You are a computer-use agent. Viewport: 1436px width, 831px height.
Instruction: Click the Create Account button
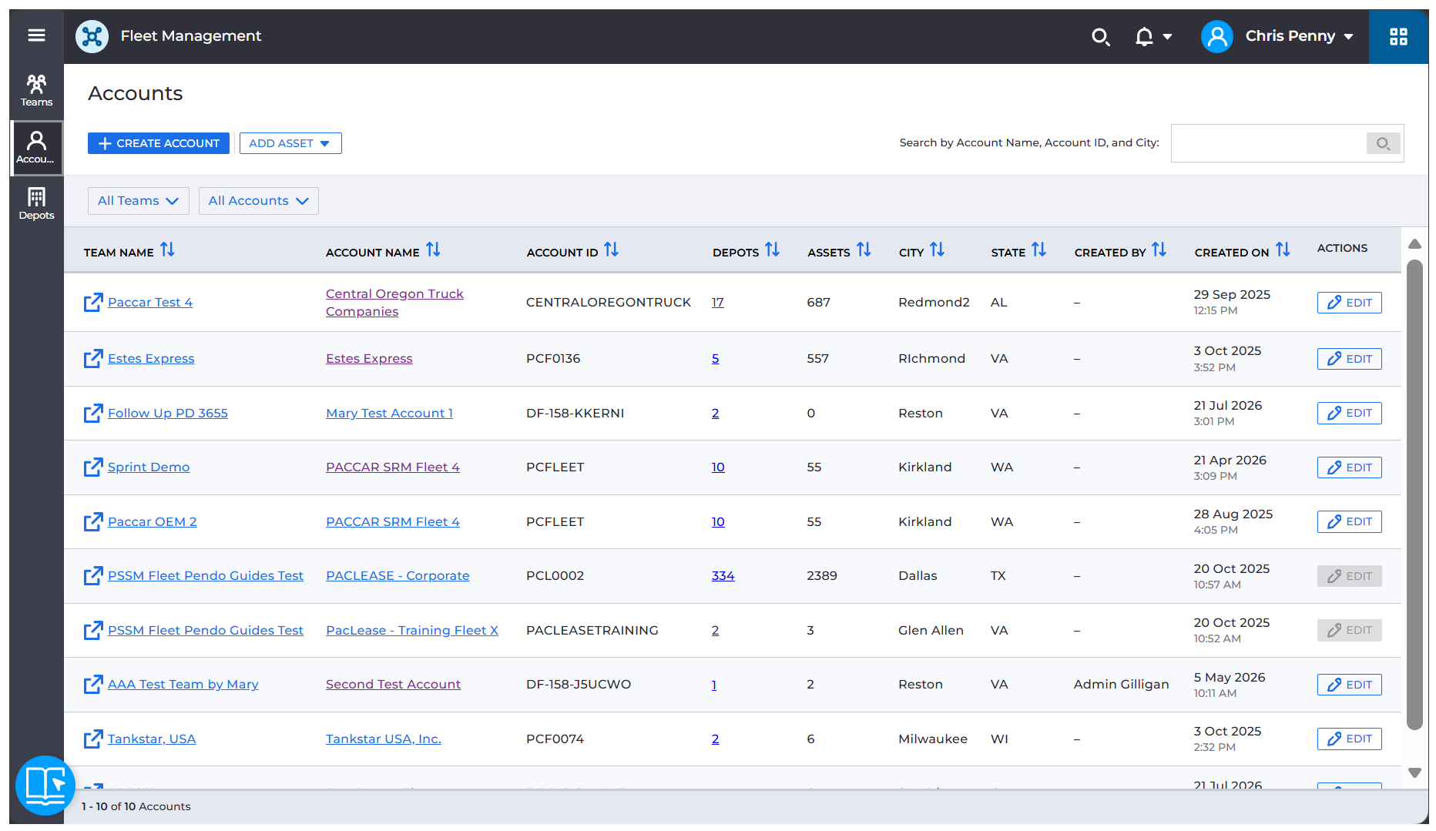point(158,143)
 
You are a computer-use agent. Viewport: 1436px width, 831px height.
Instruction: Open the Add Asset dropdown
point(290,143)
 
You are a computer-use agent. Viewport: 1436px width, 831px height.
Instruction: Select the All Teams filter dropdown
point(138,201)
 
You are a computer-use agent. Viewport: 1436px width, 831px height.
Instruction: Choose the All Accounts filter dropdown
point(258,201)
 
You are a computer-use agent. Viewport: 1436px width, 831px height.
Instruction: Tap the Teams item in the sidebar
point(36,91)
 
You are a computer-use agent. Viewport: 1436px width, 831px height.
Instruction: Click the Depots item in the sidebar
point(36,204)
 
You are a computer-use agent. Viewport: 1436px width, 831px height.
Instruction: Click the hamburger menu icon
point(36,35)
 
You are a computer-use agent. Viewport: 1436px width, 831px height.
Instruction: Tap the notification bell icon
point(1144,36)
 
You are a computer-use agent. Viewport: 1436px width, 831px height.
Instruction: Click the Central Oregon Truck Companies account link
point(394,303)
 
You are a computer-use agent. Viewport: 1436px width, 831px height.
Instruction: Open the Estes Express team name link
point(151,359)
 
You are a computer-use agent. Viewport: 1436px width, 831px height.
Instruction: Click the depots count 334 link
point(723,576)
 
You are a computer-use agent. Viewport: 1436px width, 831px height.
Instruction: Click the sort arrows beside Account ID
point(611,250)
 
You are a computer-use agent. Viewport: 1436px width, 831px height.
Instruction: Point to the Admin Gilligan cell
point(1121,685)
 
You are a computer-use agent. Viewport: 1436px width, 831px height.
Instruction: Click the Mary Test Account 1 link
point(389,414)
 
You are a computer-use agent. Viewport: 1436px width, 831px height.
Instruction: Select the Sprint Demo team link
point(149,467)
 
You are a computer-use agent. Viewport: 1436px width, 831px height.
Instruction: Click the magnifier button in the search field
point(1383,143)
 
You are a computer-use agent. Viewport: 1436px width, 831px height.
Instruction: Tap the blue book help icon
point(45,786)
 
